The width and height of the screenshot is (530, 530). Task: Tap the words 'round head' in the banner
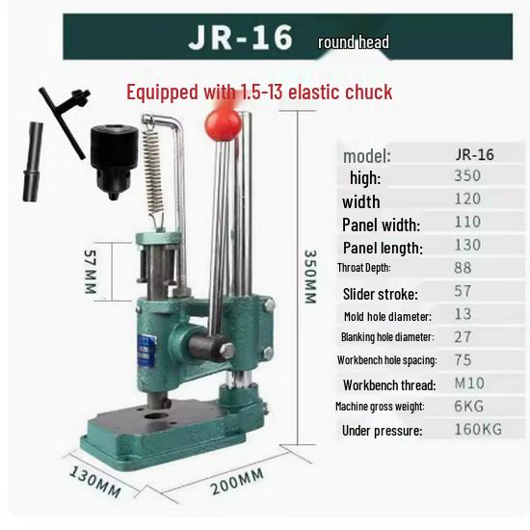(x=354, y=42)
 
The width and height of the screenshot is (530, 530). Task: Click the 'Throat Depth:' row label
(x=363, y=268)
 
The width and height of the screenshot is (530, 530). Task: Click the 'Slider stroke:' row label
(x=379, y=293)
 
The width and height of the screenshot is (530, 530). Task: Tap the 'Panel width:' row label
(x=381, y=225)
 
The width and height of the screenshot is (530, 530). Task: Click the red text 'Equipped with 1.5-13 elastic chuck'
(x=259, y=93)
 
